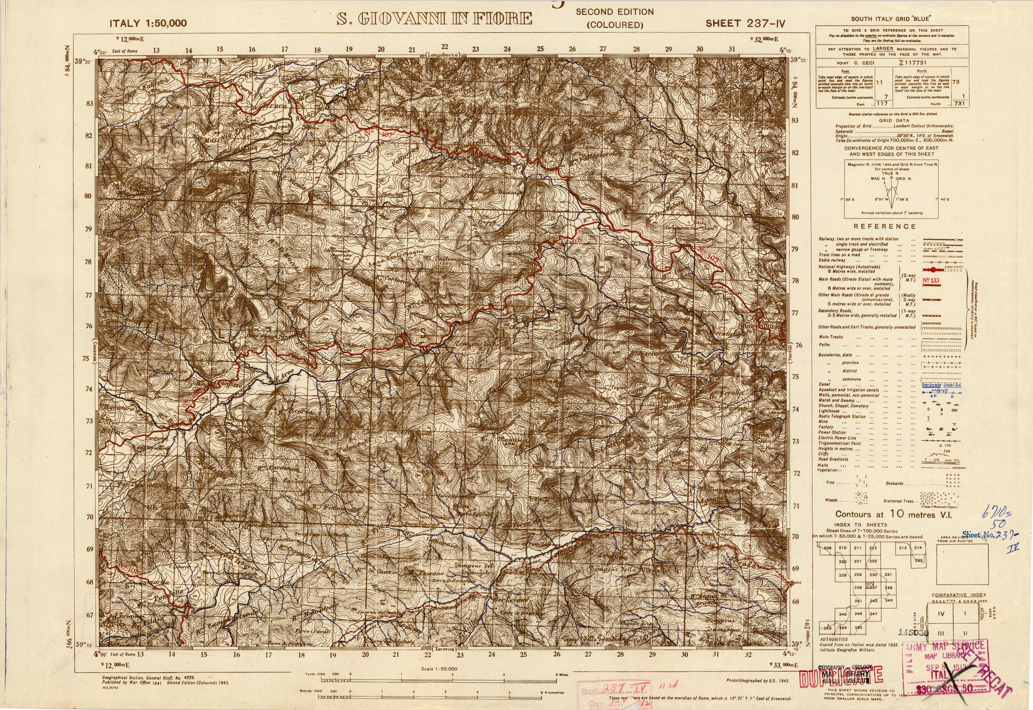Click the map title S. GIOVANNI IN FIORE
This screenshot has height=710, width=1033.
(434, 19)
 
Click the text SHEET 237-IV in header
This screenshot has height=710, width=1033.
(745, 24)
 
